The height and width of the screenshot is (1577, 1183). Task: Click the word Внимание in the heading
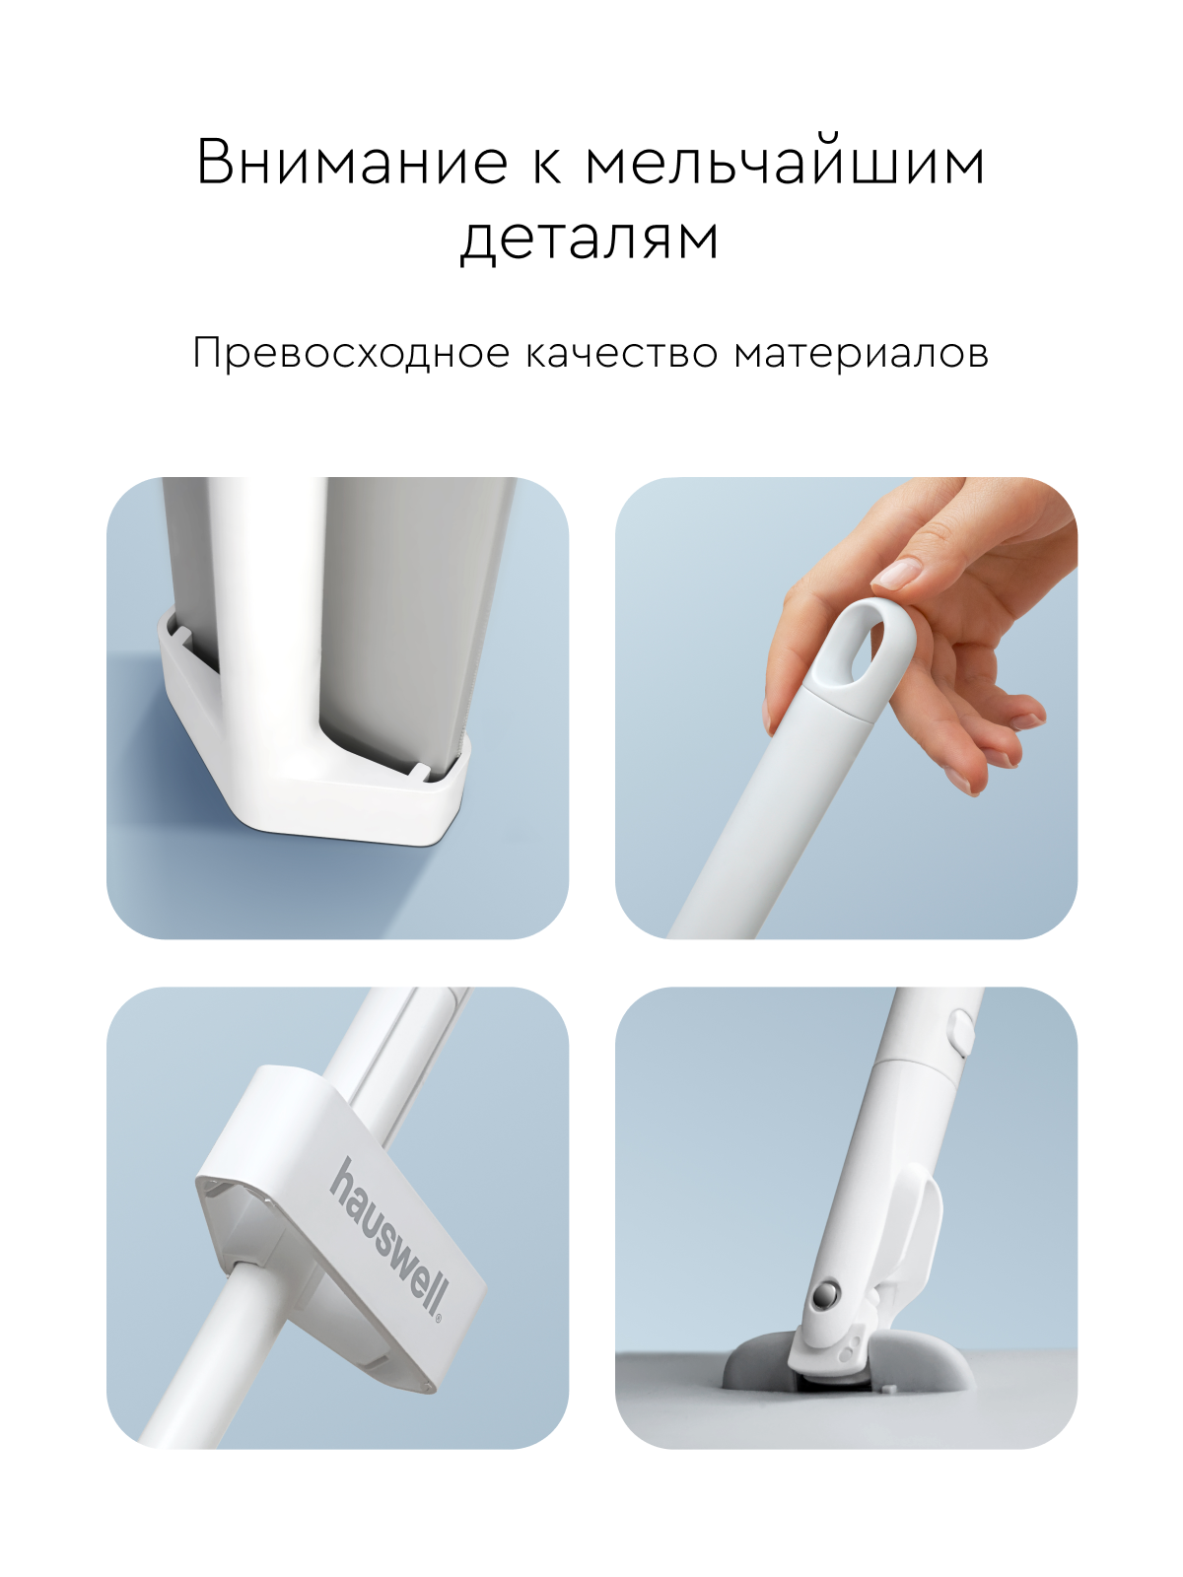pos(352,163)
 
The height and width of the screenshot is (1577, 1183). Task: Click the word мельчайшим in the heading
pos(786,163)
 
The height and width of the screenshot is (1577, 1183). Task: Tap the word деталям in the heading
pos(590,239)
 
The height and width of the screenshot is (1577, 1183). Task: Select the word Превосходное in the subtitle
pos(351,353)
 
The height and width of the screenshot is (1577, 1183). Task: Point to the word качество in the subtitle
pos(622,353)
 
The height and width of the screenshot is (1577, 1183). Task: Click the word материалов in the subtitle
pos(862,353)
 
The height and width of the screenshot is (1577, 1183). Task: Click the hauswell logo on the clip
pos(387,1236)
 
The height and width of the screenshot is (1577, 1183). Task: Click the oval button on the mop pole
pos(958,1031)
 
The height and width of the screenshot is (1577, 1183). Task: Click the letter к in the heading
pos(546,163)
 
